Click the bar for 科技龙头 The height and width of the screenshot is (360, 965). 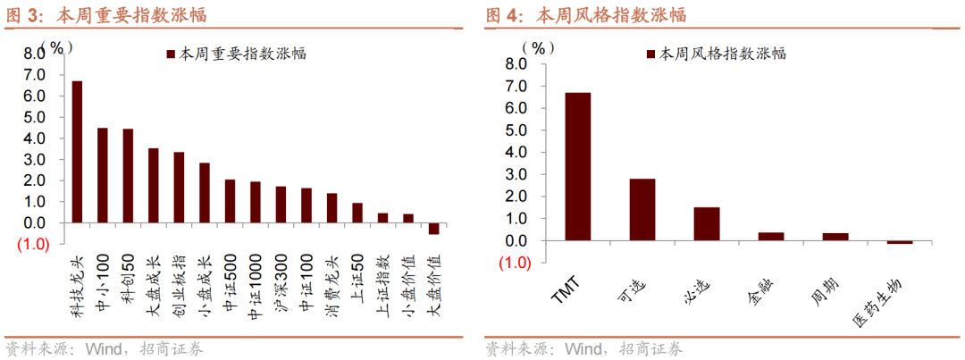click(77, 152)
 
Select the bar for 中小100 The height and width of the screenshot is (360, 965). click(103, 175)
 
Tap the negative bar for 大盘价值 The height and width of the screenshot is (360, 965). click(433, 228)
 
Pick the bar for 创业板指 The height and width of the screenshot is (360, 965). click(179, 188)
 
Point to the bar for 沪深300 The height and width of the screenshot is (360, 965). click(281, 205)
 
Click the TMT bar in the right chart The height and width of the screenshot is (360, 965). click(577, 166)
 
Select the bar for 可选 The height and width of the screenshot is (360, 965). click(642, 210)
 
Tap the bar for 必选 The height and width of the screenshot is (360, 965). click(707, 224)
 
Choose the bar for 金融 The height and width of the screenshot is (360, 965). click(771, 237)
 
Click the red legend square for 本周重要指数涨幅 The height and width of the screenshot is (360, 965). click(169, 54)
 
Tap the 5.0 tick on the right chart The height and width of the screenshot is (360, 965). click(516, 130)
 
